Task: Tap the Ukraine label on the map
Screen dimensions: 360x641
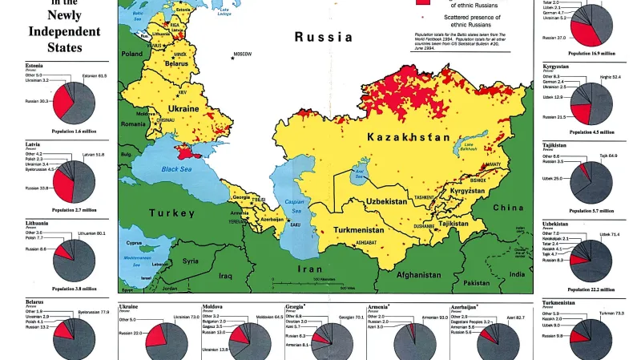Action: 183,108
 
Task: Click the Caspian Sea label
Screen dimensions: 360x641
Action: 296,207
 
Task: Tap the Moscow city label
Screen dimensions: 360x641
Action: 242,54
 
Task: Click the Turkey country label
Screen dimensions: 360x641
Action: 171,213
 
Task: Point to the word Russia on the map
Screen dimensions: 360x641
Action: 324,37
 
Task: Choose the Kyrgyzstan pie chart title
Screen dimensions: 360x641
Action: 555,66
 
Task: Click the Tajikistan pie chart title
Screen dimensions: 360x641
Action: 554,145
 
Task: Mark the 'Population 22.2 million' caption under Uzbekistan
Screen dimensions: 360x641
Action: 592,289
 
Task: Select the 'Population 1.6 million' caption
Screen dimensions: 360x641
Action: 74,130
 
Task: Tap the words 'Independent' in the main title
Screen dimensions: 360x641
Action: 65,31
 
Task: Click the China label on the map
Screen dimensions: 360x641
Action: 507,207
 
